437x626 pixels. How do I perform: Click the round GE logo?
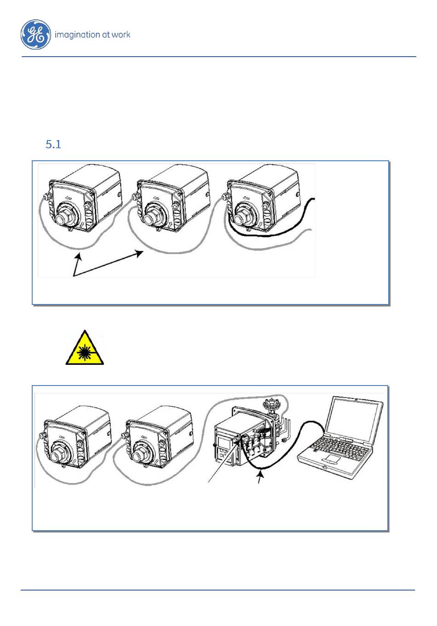pyautogui.click(x=35, y=35)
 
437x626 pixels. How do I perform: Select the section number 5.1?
pyautogui.click(x=53, y=145)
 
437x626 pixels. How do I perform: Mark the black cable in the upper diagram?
pyautogui.click(x=276, y=233)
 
